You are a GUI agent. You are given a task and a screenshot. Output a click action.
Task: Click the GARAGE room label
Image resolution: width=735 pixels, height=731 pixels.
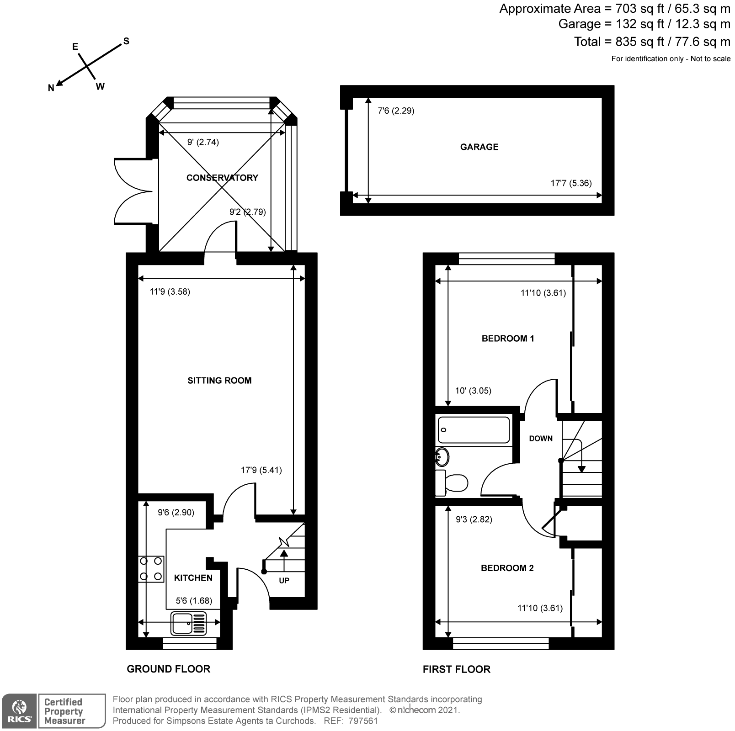tap(479, 147)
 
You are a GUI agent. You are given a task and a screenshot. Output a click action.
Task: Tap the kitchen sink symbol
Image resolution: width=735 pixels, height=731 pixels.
tap(188, 624)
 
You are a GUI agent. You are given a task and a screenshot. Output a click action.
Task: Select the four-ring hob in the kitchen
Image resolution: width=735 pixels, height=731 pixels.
tap(151, 569)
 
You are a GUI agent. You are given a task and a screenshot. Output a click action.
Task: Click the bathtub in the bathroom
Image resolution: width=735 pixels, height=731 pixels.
tap(474, 429)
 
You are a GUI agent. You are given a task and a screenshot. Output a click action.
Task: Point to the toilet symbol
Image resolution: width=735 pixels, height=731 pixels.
tap(453, 483)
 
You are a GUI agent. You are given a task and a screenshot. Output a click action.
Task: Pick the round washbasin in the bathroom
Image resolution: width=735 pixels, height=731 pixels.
tap(442, 456)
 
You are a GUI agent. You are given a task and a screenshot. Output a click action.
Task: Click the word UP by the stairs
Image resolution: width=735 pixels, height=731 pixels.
tap(284, 581)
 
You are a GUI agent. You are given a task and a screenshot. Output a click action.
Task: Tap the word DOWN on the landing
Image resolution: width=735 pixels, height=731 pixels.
tap(541, 439)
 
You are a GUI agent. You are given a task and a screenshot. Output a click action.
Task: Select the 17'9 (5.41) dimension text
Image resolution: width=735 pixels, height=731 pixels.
tap(261, 470)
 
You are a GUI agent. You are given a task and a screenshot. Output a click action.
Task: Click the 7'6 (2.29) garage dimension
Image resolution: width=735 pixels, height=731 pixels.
tap(396, 111)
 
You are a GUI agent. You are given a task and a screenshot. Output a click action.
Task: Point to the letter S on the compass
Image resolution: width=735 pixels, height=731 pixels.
tap(126, 41)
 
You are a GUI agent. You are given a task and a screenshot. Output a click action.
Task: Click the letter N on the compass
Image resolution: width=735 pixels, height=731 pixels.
tap(51, 88)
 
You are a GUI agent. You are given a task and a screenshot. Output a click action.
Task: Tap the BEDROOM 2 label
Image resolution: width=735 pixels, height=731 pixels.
tap(507, 568)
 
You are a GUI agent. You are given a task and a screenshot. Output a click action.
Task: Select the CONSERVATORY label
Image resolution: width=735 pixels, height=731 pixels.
tap(222, 178)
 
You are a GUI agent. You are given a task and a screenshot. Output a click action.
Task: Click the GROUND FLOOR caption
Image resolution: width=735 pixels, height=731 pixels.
tap(168, 669)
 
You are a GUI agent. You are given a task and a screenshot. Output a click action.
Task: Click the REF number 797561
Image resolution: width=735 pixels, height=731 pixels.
tap(363, 721)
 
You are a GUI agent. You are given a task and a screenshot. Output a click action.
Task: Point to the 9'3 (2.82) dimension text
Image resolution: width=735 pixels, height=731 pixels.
tap(474, 519)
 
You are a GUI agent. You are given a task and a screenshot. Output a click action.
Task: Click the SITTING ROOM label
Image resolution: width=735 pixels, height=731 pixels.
tap(219, 381)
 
